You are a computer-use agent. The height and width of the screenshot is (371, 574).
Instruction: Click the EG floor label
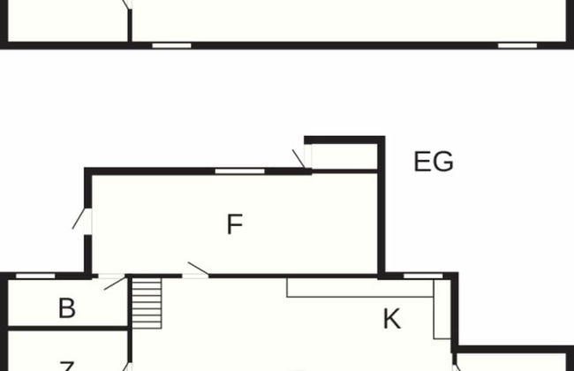point(434,163)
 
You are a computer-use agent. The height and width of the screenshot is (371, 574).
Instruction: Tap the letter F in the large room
point(234,225)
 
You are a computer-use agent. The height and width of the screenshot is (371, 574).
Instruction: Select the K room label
point(391,319)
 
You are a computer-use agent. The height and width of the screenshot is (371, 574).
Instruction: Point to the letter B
point(66,308)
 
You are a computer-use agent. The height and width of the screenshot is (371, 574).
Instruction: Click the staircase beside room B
point(147,302)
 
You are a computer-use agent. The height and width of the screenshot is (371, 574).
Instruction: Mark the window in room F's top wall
point(239,170)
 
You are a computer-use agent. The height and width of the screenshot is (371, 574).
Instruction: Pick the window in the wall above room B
point(35,276)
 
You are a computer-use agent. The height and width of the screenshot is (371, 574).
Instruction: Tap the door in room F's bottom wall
point(195,275)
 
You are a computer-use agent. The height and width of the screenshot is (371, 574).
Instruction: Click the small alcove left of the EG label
point(344,155)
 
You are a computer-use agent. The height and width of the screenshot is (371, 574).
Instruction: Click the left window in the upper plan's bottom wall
point(171,44)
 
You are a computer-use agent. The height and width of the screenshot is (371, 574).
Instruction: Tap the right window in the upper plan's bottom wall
point(517,44)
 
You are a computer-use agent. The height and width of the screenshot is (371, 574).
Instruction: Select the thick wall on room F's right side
point(381,212)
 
